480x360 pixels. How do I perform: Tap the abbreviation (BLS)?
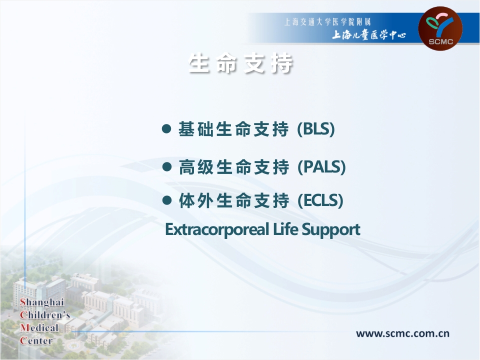[315, 130]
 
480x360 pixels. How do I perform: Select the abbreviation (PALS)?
[321, 166]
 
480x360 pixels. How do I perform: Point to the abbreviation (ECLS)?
[320, 201]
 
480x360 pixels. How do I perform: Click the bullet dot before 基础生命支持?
[167, 129]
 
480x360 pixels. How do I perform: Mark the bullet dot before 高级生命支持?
[167, 166]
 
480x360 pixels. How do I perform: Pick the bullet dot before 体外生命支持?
[167, 200]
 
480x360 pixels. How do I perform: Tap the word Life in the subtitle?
[284, 229]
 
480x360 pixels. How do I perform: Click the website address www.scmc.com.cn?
[402, 333]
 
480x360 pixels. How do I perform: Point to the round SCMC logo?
[440, 27]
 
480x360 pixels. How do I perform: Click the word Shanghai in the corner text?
[42, 303]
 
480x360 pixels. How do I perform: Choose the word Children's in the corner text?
[44, 316]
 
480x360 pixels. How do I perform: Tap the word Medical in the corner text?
[39, 328]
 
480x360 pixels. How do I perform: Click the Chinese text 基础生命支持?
[233, 130]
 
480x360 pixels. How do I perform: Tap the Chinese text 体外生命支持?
[233, 201]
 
